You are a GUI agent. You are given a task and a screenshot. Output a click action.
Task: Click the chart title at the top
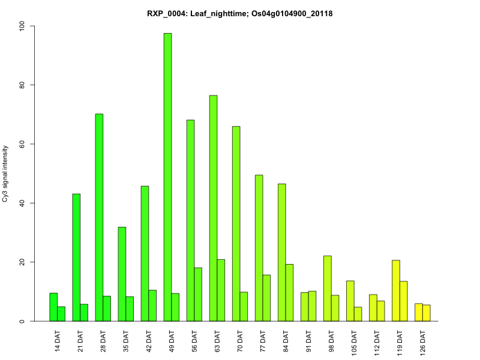point(240,13)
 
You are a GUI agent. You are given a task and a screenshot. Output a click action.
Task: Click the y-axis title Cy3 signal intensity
point(5,173)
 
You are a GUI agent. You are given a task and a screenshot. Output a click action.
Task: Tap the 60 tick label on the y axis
point(22,144)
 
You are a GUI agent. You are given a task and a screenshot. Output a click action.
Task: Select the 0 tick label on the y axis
point(22,321)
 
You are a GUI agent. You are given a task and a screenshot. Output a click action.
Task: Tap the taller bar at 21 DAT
point(76,257)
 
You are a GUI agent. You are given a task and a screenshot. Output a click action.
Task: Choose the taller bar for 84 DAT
point(281,252)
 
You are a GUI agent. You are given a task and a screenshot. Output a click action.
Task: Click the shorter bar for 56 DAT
point(198,295)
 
